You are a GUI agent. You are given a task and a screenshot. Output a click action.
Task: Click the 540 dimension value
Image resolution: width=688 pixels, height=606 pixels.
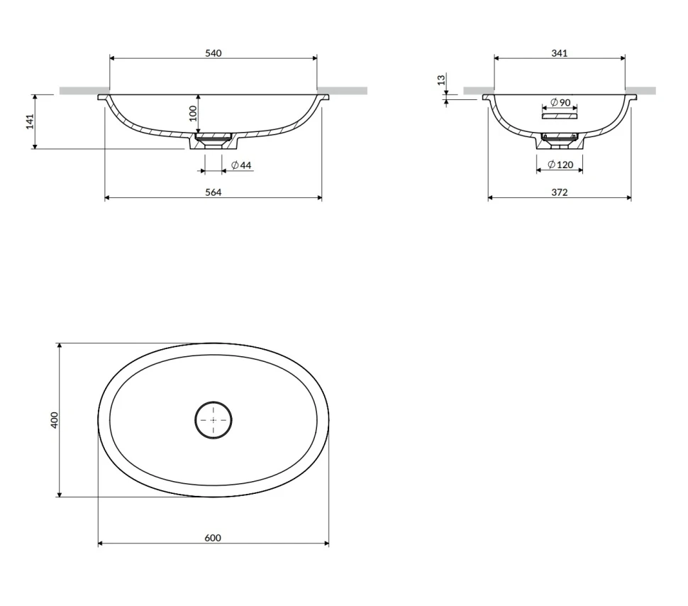coord(213,53)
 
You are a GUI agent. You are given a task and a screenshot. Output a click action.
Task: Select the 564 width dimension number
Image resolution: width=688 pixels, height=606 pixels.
coord(213,192)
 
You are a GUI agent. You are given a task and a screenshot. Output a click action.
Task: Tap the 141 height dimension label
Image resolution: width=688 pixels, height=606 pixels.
coord(30,121)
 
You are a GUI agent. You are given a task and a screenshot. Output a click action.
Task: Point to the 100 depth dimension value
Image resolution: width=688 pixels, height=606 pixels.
coord(193,114)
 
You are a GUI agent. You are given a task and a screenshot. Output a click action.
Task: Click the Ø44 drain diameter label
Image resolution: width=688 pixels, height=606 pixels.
coord(241,165)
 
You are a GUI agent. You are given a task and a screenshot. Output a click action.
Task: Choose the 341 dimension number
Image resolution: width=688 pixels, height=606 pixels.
coord(560,53)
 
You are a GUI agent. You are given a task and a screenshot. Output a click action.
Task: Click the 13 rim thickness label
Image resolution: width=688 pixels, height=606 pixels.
coord(441,80)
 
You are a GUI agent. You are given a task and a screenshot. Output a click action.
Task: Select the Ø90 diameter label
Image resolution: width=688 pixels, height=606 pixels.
coord(560,102)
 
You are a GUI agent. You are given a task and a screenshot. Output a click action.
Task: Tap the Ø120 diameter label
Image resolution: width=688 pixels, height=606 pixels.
coord(561,165)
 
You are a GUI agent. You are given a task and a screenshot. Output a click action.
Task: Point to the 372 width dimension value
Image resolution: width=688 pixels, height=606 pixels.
coord(560,192)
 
